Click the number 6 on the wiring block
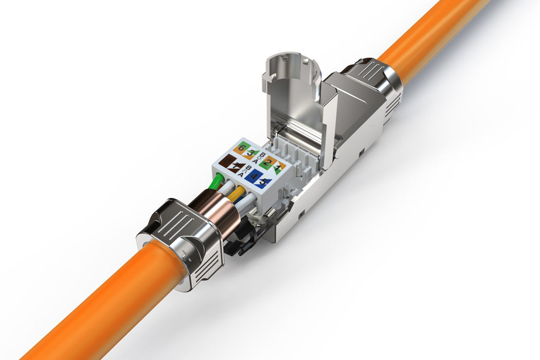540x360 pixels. (x=241, y=148)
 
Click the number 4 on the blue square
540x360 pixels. (x=254, y=176)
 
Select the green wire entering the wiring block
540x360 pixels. (x=217, y=182)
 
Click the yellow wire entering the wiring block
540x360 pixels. (x=237, y=194)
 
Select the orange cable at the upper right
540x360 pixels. (x=437, y=36)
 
